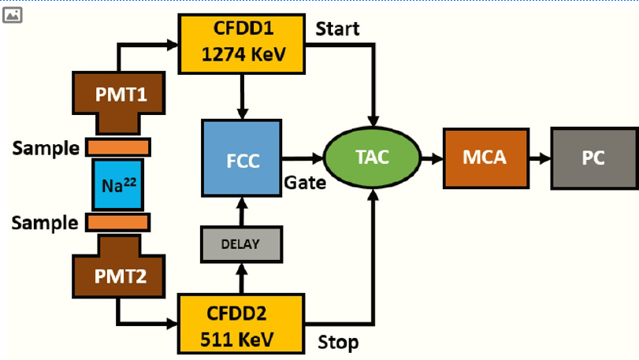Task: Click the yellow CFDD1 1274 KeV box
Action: click(243, 43)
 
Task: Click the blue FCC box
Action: click(242, 158)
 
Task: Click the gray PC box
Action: click(593, 157)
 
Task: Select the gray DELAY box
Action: click(241, 244)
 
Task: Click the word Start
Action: click(337, 29)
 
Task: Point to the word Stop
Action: click(337, 342)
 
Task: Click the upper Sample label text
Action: click(45, 148)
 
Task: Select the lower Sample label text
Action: click(45, 223)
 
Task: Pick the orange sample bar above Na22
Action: click(118, 147)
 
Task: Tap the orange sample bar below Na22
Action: click(118, 223)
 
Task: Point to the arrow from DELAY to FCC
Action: click(241, 210)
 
